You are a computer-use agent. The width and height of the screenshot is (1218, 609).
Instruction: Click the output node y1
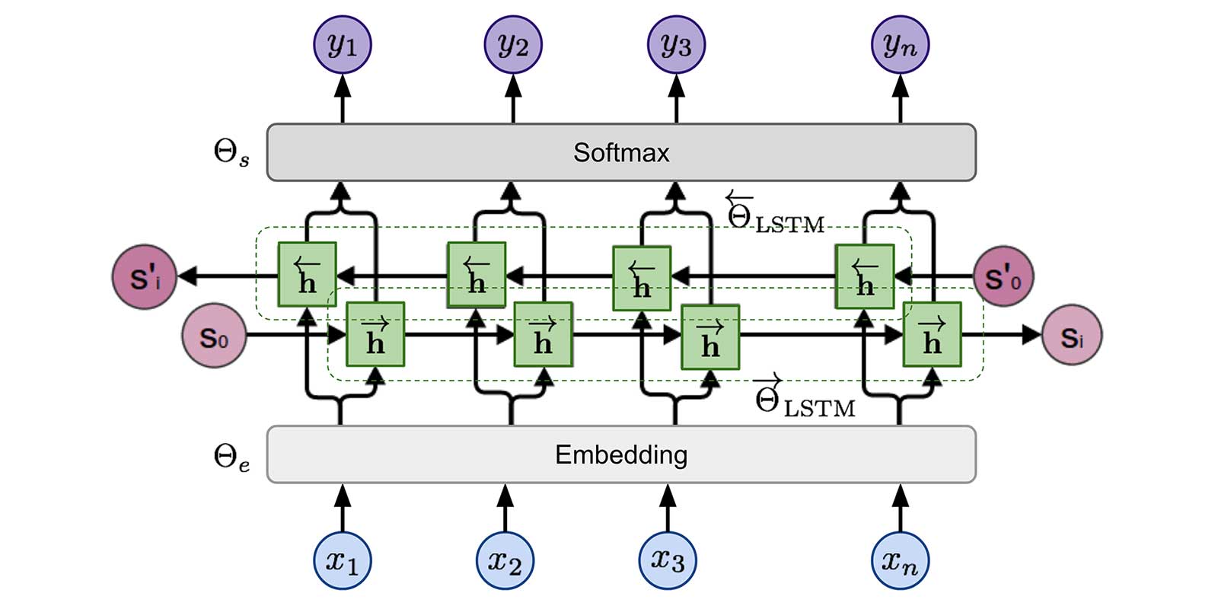coord(343,45)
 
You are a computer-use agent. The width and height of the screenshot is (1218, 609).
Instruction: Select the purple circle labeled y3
coord(676,45)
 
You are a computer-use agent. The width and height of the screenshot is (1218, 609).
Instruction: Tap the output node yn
coord(900,45)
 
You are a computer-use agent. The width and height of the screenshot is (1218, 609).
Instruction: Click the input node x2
coord(505,561)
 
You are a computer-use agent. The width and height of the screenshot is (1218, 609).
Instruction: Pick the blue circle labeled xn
coord(900,561)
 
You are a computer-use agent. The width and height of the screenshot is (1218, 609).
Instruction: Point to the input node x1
coord(343,561)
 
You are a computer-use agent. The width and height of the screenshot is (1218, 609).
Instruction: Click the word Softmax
coord(621,153)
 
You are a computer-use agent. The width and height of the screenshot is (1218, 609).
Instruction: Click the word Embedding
coord(621,454)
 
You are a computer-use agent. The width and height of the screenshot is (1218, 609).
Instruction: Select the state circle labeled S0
coord(215,336)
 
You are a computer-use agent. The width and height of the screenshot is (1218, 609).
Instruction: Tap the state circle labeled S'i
coord(145,277)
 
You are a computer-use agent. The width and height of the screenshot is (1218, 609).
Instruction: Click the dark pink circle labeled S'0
coord(1003,277)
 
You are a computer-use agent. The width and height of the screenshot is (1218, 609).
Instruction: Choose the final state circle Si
coord(1072,336)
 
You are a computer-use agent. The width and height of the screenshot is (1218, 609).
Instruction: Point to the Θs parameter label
coord(231,153)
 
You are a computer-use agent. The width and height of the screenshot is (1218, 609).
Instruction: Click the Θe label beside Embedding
coord(231,458)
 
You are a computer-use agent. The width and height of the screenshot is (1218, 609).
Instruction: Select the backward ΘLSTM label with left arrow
coord(773,213)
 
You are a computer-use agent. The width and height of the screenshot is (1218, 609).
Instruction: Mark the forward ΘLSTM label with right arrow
coord(803,399)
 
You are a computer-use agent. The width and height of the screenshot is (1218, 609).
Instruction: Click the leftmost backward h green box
coord(307,275)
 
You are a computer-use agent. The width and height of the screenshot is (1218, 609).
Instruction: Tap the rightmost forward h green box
coord(932,335)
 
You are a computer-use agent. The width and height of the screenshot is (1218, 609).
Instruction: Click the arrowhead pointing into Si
coord(1031,334)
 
